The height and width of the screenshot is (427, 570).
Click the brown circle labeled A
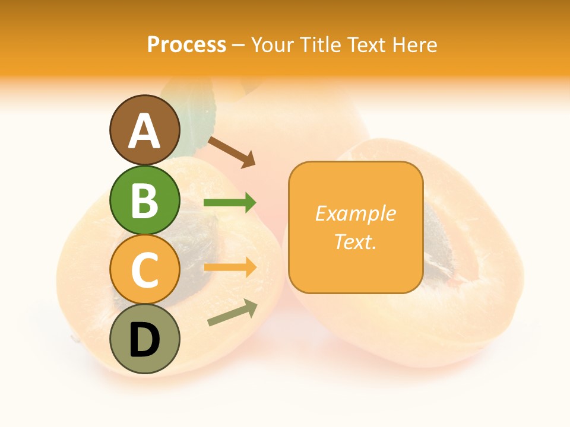(145, 130)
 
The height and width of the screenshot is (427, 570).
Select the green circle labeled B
(145, 200)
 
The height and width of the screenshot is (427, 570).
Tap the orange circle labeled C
(145, 269)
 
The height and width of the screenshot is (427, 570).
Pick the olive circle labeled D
(145, 339)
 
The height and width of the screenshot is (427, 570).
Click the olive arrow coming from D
(232, 313)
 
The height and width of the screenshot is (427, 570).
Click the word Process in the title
(186, 45)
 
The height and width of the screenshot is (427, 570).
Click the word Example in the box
(355, 213)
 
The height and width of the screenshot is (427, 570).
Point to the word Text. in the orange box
(355, 241)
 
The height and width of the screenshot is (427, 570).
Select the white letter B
(145, 200)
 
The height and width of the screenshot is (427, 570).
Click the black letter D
(145, 340)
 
